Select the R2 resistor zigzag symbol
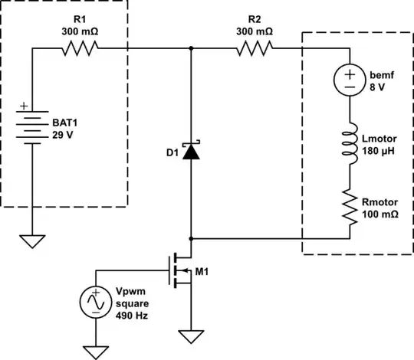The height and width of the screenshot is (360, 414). (255, 49)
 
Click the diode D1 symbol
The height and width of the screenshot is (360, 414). (190, 151)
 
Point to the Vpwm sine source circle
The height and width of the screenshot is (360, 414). (96, 303)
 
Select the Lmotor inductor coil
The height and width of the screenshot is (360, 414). (350, 145)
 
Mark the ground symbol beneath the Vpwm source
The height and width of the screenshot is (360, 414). (96, 352)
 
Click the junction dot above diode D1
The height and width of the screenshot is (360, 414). (190, 49)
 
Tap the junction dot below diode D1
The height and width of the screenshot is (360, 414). (190, 238)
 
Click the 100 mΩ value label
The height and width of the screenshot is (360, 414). (379, 215)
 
